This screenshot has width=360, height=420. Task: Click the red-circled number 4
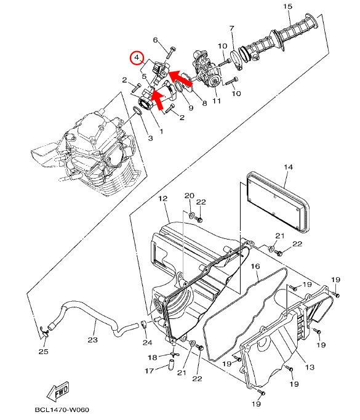click(x=137, y=58)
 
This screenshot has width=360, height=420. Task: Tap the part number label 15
click(x=288, y=6)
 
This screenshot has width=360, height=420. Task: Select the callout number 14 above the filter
click(x=288, y=167)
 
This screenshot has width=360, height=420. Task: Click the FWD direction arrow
click(x=58, y=391)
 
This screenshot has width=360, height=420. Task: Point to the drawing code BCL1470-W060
click(x=62, y=410)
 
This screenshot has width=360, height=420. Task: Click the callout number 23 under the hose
click(x=92, y=340)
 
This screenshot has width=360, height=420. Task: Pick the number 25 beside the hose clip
click(x=43, y=352)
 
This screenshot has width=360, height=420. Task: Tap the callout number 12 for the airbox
click(x=162, y=198)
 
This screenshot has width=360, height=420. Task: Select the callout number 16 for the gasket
click(x=255, y=266)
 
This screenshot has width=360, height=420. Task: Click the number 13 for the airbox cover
click(x=310, y=367)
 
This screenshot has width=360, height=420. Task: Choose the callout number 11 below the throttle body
click(x=217, y=101)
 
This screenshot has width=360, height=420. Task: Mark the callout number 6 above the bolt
click(x=155, y=40)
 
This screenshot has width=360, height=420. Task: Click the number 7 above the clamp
click(x=232, y=28)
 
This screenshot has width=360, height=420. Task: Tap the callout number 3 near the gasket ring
click(x=150, y=138)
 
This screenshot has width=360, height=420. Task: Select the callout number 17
click(x=150, y=371)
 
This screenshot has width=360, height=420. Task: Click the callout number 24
click(x=147, y=342)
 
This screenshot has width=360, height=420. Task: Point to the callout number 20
click(x=190, y=196)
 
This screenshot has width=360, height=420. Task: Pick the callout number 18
click(x=153, y=358)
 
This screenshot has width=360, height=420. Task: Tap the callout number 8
click(x=204, y=103)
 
